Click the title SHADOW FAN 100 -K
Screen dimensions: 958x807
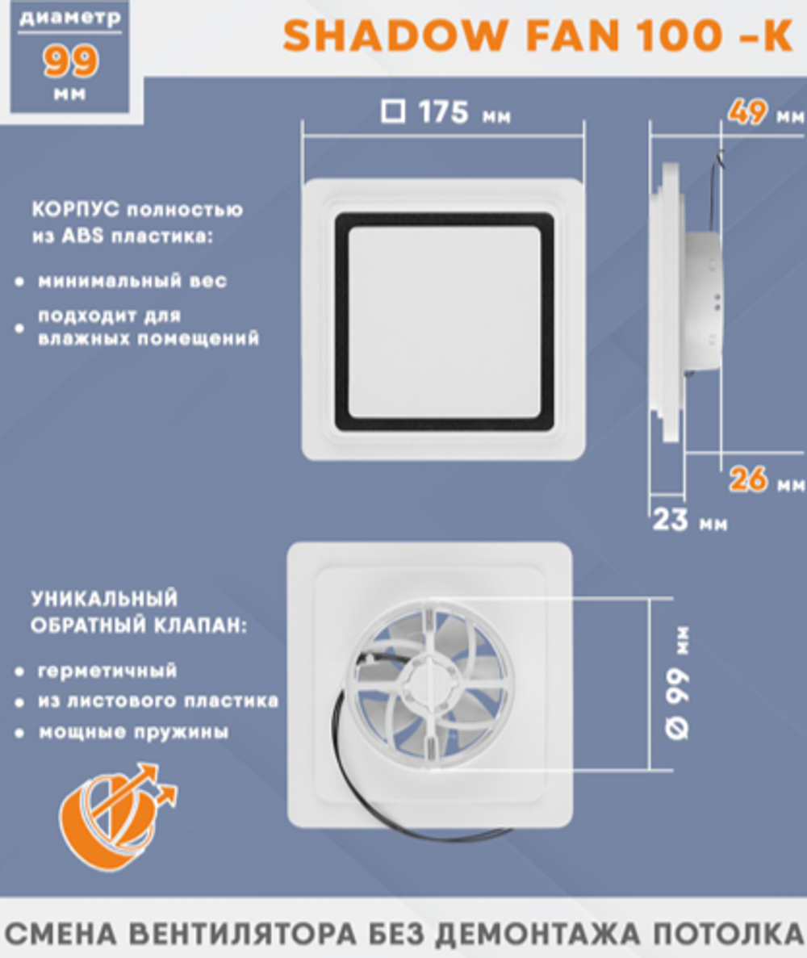pyautogui.click(x=537, y=37)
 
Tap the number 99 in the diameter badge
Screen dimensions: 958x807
pyautogui.click(x=71, y=62)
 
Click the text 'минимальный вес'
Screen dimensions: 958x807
pyautogui.click(x=132, y=282)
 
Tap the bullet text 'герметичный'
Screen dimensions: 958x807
pyautogui.click(x=107, y=671)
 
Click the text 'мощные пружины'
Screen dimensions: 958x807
pyautogui.click(x=133, y=733)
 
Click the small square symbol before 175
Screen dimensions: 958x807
pyautogui.click(x=393, y=111)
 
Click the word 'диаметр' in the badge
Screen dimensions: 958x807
pyautogui.click(x=71, y=17)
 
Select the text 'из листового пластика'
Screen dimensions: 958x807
pyautogui.click(x=158, y=701)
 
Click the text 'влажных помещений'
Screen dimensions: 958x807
pyautogui.click(x=148, y=338)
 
